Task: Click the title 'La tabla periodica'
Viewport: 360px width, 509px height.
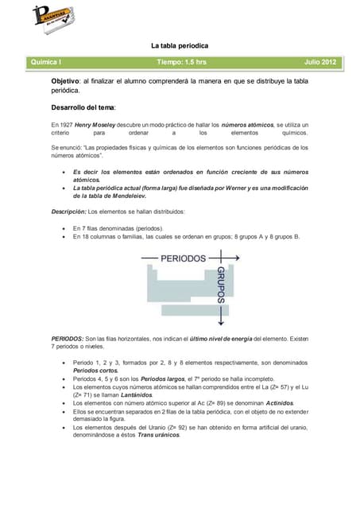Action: [x=180, y=45]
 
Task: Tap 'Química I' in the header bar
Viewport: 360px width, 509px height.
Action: [x=46, y=61]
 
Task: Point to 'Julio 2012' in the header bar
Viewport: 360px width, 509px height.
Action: [x=320, y=61]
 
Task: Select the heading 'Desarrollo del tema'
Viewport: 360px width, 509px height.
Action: [x=83, y=107]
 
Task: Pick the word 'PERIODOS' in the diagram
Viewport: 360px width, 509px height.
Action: [x=183, y=258]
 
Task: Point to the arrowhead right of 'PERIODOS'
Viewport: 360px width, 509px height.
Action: [x=236, y=258]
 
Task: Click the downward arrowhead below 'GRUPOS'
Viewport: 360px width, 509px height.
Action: [x=221, y=323]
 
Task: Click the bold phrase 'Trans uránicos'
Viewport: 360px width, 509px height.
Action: [x=158, y=435]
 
